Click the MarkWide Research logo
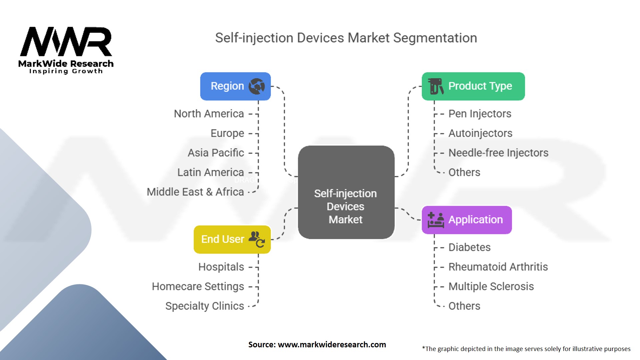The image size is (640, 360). (66, 50)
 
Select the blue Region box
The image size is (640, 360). (235, 86)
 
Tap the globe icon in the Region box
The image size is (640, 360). (257, 86)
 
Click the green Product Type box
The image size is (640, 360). (473, 86)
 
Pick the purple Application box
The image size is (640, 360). (467, 220)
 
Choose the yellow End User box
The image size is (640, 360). (232, 239)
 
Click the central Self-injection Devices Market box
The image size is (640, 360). (346, 192)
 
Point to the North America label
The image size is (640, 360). (209, 114)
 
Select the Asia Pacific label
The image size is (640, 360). (216, 153)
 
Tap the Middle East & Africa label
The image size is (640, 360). (195, 192)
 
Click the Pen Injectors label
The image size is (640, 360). (480, 114)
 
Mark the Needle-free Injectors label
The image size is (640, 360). (498, 153)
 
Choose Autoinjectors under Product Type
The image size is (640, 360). (480, 133)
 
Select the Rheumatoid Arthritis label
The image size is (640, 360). (498, 267)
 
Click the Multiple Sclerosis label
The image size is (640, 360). (491, 287)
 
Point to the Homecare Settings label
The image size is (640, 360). (198, 287)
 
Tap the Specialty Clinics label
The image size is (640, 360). (205, 306)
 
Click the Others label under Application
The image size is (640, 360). (464, 306)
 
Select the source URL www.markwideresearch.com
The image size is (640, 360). (332, 345)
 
